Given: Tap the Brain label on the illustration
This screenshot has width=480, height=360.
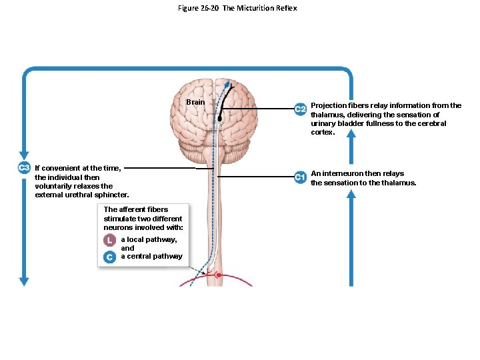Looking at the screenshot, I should pos(195,102).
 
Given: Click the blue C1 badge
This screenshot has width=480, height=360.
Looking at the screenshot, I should pos(301,177).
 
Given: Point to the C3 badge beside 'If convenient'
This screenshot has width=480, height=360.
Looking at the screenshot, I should pos(24,167).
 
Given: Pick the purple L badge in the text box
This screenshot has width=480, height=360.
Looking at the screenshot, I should pos(109,240).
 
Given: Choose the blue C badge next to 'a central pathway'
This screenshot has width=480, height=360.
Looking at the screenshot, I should pos(109,257).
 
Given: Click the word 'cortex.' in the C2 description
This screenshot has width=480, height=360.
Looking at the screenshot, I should pos(323,132).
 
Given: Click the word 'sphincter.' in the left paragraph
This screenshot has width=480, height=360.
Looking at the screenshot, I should pos(113,195).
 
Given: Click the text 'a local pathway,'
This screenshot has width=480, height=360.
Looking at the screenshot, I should pos(149,239).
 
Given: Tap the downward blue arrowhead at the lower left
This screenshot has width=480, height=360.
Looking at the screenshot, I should pos(25,281).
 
